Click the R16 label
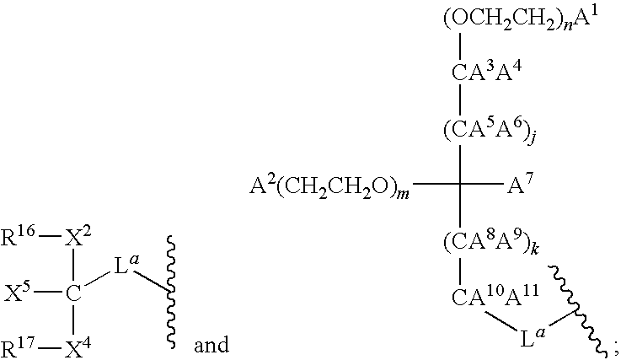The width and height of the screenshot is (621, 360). tap(19, 237)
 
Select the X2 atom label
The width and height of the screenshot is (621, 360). tap(78, 237)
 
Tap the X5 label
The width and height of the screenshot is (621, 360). tap(17, 293)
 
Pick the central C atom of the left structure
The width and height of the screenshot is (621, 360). tap(73, 293)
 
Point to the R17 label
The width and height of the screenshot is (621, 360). tap(19, 348)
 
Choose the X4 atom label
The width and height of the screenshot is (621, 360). tap(78, 348)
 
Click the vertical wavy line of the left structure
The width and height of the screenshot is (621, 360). tap(171, 293)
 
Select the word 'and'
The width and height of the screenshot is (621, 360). tap(211, 345)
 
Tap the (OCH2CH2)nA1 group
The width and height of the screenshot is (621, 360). tap(520, 18)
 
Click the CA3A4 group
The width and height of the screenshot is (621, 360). tap(487, 72)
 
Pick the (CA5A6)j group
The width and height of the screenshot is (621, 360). tap(490, 130)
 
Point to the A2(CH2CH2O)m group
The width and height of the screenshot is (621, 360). tap(329, 186)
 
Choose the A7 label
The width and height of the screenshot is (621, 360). tap(521, 184)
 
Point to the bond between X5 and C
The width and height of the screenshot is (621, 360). tap(49, 293)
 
